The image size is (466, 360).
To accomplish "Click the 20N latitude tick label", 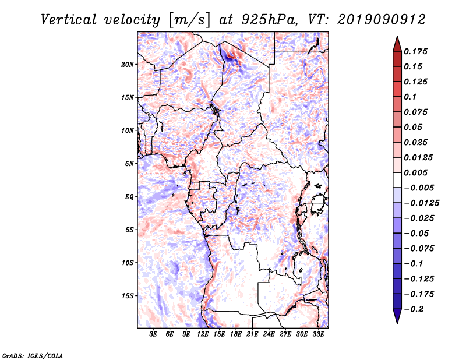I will click(x=128, y=64).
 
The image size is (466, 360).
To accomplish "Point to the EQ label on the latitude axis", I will click(x=129, y=197).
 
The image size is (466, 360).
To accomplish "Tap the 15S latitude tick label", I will click(x=128, y=296).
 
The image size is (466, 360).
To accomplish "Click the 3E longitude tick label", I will click(x=154, y=334).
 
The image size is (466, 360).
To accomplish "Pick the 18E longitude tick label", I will click(x=236, y=334).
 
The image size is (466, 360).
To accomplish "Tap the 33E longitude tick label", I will click(x=319, y=334).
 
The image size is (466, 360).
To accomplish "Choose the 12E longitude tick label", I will click(x=203, y=334).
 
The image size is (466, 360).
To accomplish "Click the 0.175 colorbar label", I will click(x=416, y=51).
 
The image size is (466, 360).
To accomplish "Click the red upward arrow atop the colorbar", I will click(x=397, y=43).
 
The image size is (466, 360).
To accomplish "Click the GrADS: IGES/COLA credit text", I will click(x=24, y=354).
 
